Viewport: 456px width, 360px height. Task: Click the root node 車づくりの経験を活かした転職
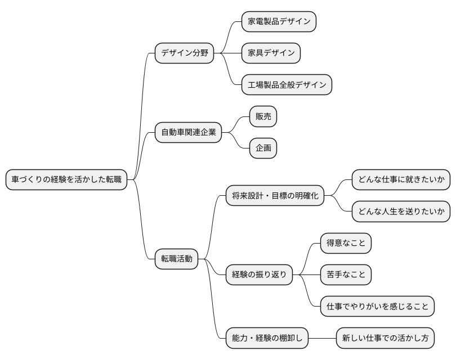pos(66,180)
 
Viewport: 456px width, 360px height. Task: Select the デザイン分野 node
pos(184,53)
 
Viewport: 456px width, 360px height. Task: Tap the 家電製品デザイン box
pos(279,22)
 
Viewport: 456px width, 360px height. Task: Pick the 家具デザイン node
pos(271,53)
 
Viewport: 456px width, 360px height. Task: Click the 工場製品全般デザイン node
pos(287,85)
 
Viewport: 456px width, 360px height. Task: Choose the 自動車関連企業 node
pos(188,133)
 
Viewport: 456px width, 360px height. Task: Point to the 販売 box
pos(263,117)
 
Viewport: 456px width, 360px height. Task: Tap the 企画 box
pos(263,148)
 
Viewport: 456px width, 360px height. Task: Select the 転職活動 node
pos(177,259)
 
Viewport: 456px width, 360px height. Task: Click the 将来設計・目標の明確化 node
pos(275,196)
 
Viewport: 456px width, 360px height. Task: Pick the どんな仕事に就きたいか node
pos(401,180)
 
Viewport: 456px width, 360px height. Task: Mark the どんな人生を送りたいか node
pos(401,211)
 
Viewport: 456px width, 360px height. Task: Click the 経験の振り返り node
pos(259,274)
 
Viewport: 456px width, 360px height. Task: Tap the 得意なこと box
pos(346,243)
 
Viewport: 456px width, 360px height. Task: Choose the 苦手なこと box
pos(346,274)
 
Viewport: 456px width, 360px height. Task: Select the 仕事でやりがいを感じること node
pos(377,307)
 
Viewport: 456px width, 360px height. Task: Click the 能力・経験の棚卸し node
pos(267,338)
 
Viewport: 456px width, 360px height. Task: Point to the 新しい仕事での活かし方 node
pos(385,338)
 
